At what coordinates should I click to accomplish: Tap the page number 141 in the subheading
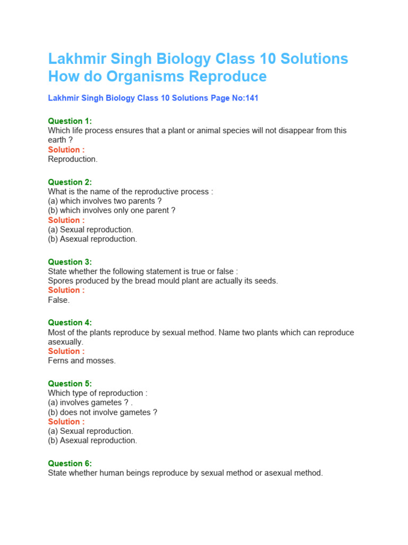(x=251, y=98)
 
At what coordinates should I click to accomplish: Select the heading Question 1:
(x=70, y=121)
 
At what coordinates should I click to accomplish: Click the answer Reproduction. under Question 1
(x=73, y=159)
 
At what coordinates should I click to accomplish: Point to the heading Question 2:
(x=70, y=182)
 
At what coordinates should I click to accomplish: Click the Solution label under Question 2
(x=66, y=220)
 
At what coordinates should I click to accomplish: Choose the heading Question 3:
(x=70, y=262)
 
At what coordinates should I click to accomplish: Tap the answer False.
(x=58, y=300)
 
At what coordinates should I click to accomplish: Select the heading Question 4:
(x=70, y=323)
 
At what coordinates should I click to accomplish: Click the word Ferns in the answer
(x=58, y=361)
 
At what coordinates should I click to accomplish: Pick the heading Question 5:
(x=70, y=384)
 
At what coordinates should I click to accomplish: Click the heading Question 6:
(x=70, y=464)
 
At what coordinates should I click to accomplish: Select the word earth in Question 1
(x=57, y=140)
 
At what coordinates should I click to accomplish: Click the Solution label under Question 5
(x=66, y=422)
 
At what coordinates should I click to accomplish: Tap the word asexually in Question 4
(x=65, y=342)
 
